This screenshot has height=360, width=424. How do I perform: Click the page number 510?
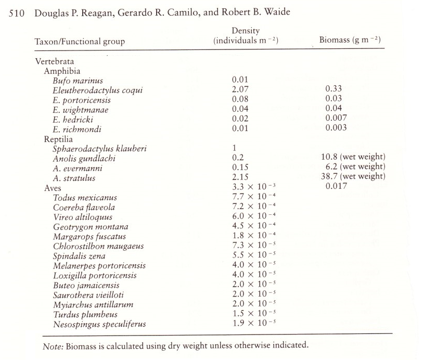click(x=18, y=12)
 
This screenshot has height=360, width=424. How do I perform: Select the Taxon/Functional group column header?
click(x=80, y=41)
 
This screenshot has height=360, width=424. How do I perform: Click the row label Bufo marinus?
click(x=78, y=81)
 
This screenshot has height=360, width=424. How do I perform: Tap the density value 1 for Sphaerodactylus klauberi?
click(x=234, y=149)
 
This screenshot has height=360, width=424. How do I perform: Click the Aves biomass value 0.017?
click(x=336, y=187)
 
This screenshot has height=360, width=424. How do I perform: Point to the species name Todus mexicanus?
click(x=85, y=198)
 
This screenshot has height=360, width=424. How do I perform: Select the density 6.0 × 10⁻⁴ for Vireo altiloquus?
click(x=252, y=217)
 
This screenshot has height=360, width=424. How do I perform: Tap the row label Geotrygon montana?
click(x=90, y=227)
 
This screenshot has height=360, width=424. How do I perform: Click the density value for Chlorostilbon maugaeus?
click(x=252, y=246)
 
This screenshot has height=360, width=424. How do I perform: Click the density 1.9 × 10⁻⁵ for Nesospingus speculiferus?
click(x=252, y=324)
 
